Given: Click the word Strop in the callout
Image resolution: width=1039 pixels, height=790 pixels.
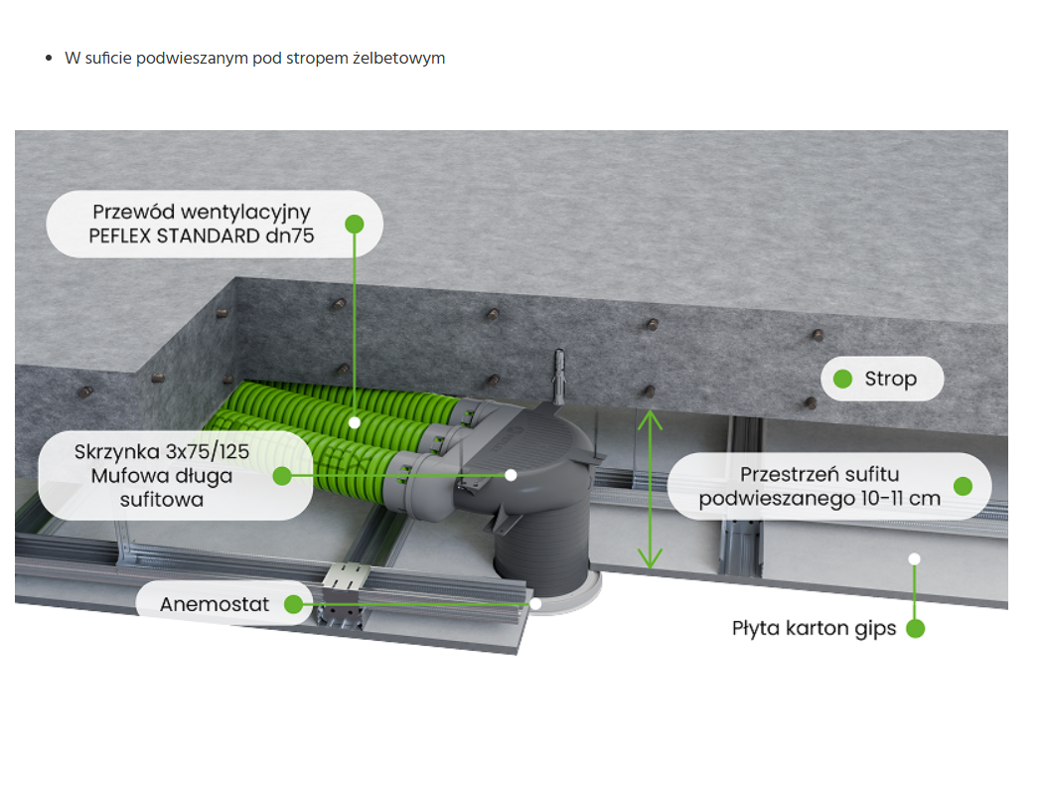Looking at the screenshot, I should pos(890,379).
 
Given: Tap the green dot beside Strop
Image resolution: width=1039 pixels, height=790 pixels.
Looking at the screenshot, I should pos(843,379).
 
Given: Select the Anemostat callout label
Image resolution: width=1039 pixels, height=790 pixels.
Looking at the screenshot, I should pos(215,604).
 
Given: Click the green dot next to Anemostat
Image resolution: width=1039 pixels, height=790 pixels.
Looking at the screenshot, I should pos(291,604).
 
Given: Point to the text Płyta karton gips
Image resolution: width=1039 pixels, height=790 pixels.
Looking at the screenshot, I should pos(814,628).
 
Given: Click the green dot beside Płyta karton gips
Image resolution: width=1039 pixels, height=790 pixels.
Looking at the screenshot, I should pos(915,628).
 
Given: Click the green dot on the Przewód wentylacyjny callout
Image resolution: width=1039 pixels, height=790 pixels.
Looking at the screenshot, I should pos(354,224).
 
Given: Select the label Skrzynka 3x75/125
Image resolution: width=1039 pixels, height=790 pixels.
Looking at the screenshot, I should pos(162,452).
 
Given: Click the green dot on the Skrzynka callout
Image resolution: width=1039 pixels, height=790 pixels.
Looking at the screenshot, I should pos(282,475).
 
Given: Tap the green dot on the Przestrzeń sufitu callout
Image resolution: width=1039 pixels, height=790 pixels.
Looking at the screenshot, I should pos(962,486).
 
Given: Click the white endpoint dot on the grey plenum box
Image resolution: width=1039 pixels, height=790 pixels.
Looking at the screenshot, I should pos(511,475).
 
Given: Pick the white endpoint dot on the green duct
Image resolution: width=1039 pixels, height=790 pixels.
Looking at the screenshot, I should pos(355,422).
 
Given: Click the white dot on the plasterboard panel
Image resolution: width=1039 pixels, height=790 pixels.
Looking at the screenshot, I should pos(915,558).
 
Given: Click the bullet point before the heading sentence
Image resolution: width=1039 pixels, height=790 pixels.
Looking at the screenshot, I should pos(48,59).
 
